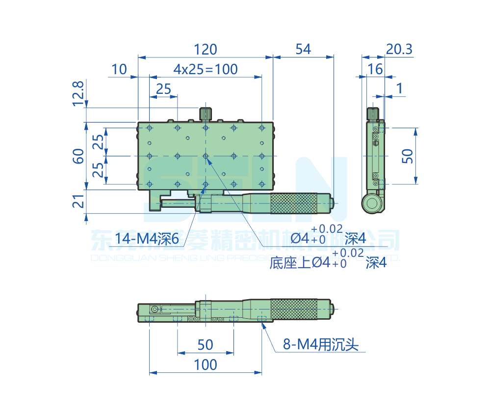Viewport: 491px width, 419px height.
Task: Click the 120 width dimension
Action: click(205, 50)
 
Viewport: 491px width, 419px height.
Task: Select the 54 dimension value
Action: click(303, 50)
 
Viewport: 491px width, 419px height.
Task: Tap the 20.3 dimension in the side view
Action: click(399, 50)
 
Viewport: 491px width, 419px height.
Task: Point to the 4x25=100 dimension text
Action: click(206, 69)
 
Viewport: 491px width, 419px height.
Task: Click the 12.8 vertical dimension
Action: click(78, 93)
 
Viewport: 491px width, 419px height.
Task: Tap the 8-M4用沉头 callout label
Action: click(321, 345)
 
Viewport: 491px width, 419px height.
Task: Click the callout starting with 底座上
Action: click(328, 262)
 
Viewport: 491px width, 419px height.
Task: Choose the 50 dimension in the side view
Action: click(409, 156)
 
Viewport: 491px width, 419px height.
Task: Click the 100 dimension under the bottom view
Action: click(205, 365)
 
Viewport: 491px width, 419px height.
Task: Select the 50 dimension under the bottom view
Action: click(205, 345)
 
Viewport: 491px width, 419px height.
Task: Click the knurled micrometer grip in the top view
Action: click(293, 203)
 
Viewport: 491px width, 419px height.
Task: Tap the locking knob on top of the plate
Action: click(206, 113)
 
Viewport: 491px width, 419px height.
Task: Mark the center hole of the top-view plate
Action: click(206, 156)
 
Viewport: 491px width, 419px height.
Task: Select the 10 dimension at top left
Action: click(119, 69)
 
